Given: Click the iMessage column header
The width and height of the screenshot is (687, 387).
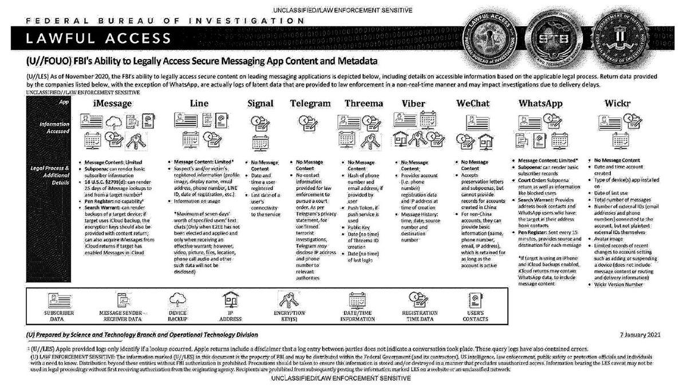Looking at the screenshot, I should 109,104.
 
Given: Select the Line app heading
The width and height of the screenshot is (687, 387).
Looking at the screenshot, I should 203,104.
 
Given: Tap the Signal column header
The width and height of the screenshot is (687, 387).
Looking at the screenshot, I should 260,104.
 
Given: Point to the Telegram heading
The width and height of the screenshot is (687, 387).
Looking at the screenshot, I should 310,104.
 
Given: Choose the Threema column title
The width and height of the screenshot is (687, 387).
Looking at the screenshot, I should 364,104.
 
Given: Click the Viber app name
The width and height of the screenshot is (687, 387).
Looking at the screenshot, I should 413,104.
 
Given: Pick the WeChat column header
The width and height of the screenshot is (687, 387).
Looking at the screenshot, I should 473,104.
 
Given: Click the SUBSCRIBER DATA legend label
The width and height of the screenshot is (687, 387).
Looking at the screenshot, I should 58,316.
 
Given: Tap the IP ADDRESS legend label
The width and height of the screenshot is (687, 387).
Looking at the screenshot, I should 232,316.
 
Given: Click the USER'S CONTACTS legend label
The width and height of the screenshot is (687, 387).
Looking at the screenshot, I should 479,316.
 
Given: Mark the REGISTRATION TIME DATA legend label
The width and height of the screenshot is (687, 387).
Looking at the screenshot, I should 420,316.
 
